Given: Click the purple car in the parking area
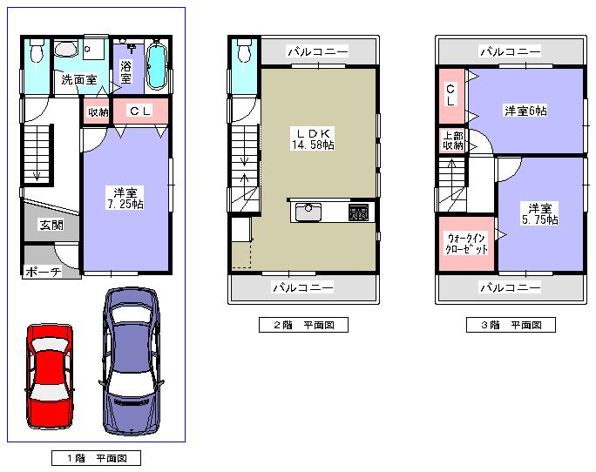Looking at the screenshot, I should coord(132,361).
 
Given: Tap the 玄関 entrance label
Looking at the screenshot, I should coord(51,225).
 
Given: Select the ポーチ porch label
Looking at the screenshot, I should coord(42,272).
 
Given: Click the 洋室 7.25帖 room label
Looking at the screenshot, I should coord(126,198).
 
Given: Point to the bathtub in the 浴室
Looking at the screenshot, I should coord(156,64).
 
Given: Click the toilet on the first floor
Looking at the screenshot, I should coord(36,54).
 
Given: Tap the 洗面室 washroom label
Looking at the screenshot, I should coord(78,80).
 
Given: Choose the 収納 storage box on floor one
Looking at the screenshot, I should coord(97,111).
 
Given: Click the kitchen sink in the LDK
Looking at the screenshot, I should coord(309,211).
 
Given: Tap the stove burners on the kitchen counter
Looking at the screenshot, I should coord(358,211).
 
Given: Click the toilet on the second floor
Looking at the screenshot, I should coord(243,53).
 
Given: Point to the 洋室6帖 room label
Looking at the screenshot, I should coord(525,111).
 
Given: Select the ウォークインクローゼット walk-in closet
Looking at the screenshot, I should coord(466,243).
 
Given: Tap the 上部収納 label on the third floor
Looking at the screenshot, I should coord(452,140).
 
